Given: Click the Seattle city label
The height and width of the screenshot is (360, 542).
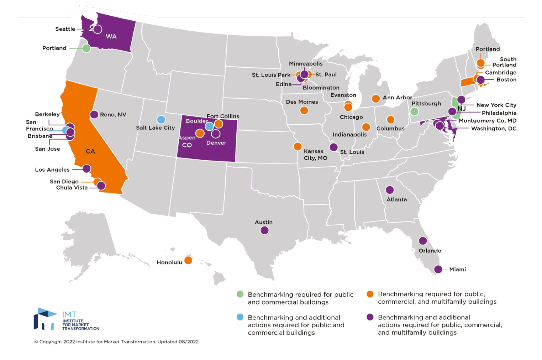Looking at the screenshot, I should (x=65, y=29).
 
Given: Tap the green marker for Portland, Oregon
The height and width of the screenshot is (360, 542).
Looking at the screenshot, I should (x=86, y=48).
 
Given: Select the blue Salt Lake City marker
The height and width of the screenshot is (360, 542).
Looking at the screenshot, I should (x=161, y=119).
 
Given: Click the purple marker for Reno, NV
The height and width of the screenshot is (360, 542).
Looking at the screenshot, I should (x=94, y=114).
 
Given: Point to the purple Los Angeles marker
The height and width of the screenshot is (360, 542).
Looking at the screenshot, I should (x=86, y=168).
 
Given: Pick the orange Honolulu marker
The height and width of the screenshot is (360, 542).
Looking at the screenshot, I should (x=188, y=260).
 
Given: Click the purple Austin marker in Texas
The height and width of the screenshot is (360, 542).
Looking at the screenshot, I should (x=264, y=230).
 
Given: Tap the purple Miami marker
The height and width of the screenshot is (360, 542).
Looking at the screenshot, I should (x=438, y=269).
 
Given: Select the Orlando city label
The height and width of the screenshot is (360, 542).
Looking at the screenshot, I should (x=430, y=251).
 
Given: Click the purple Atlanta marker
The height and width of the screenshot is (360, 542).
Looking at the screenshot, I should (x=390, y=190).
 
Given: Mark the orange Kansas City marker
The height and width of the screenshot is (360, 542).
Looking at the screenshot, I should (x=298, y=146).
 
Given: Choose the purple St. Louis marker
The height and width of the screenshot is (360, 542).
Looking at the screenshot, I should (x=333, y=147).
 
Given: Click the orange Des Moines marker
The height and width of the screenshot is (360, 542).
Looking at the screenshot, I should (x=304, y=110).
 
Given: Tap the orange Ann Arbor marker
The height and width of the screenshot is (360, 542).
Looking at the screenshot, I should (x=375, y=99).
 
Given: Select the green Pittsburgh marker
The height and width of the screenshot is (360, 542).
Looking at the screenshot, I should (x=414, y=111).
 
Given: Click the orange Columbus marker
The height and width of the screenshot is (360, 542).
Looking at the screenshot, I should (x=390, y=119).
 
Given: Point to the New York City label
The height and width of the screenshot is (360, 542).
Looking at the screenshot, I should (x=496, y=105).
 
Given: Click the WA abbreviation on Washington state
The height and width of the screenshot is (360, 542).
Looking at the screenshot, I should (x=111, y=36).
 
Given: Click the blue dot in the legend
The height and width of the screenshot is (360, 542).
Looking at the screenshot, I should (x=240, y=317).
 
